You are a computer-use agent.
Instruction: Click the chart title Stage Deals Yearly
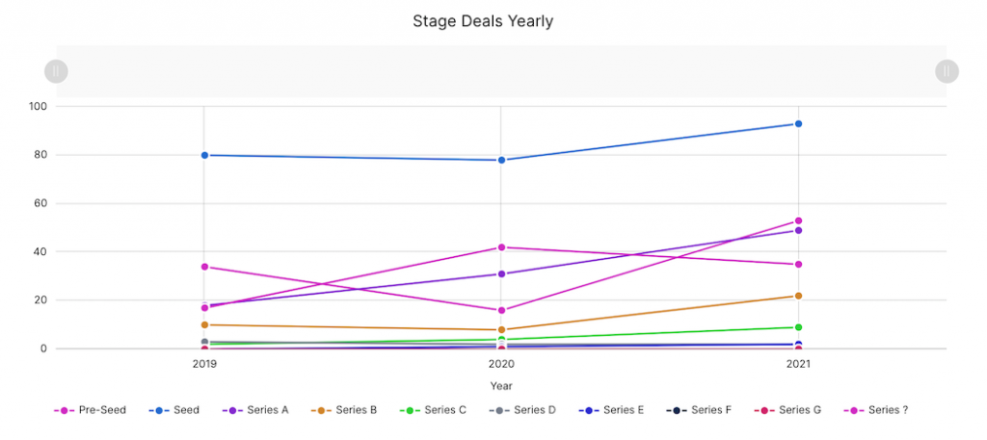point(483,21)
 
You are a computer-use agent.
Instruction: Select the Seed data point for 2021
point(798,124)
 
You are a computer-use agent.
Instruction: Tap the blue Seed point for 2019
point(204,155)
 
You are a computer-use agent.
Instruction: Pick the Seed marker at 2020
point(501,160)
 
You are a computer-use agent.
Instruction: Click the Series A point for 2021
point(798,230)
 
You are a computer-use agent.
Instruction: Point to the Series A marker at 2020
point(501,274)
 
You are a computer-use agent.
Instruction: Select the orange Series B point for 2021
point(798,296)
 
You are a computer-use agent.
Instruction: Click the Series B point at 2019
point(204,324)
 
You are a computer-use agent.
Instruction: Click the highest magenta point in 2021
point(798,220)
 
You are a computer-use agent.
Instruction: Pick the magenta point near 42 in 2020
point(501,247)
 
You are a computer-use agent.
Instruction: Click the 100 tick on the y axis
point(39,106)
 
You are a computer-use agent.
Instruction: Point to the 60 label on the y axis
point(41,203)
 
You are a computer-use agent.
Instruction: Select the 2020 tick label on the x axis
point(501,365)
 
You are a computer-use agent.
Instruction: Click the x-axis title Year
point(501,386)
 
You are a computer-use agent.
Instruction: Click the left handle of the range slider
point(56,70)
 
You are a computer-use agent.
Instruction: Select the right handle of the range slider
point(947,70)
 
